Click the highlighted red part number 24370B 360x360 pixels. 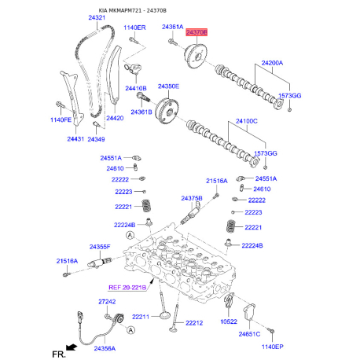[x=197, y=32]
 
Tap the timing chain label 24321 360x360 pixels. [x=97, y=17]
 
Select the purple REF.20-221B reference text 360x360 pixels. [x=127, y=288]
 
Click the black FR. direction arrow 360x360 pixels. [x=72, y=347]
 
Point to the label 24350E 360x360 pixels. [x=168, y=86]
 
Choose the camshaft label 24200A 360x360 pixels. [x=272, y=63]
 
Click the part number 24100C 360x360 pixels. [x=247, y=121]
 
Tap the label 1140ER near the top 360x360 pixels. [x=134, y=28]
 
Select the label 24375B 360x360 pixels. [x=192, y=198]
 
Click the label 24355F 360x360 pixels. [x=100, y=247]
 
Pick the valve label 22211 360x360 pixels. [x=141, y=317]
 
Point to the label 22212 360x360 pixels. [x=194, y=323]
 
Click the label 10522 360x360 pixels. [x=229, y=321]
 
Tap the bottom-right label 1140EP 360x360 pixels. [x=273, y=347]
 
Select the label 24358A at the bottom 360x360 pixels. [x=105, y=348]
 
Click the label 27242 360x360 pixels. [x=107, y=302]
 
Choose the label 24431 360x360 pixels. [x=75, y=139]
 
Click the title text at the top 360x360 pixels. [x=132, y=10]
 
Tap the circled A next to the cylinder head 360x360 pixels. [x=130, y=235]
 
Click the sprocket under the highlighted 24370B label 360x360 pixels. [x=196, y=57]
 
